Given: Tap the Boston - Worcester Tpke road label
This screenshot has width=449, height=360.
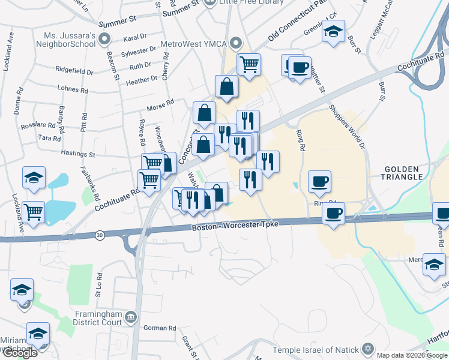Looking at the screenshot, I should pyautogui.click(x=235, y=227).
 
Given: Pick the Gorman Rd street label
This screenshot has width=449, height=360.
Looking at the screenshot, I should pyautogui.click(x=160, y=328).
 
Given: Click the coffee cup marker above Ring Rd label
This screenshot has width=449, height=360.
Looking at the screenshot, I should pyautogui.click(x=319, y=181).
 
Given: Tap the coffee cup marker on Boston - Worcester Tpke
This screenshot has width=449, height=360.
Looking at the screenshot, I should pyautogui.click(x=333, y=212).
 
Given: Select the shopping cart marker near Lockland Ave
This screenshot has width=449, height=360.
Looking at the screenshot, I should pyautogui.click(x=34, y=211).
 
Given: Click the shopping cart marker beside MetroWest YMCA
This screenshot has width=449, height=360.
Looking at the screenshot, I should pyautogui.click(x=249, y=64).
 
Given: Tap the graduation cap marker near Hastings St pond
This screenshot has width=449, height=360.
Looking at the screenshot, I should pyautogui.click(x=34, y=177).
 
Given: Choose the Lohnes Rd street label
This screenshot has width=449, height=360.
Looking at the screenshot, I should pyautogui.click(x=73, y=89).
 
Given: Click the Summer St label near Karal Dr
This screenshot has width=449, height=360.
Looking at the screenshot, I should pyautogui.click(x=116, y=21).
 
